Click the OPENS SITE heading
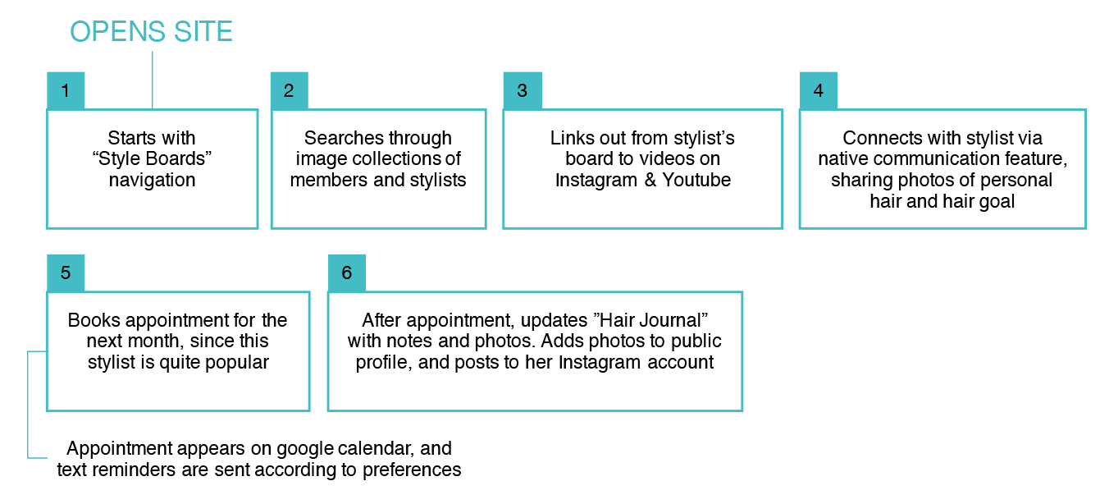[x=151, y=32]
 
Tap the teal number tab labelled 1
[x=66, y=90]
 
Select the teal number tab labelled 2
[x=289, y=90]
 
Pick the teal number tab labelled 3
[x=522, y=90]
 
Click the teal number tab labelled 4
[x=818, y=90]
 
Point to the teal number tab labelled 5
[x=66, y=273]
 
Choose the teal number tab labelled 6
[x=346, y=273]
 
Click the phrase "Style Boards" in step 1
[x=153, y=159]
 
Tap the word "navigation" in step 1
[x=153, y=181]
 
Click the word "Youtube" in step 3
[x=697, y=181]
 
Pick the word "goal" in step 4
[x=997, y=201]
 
